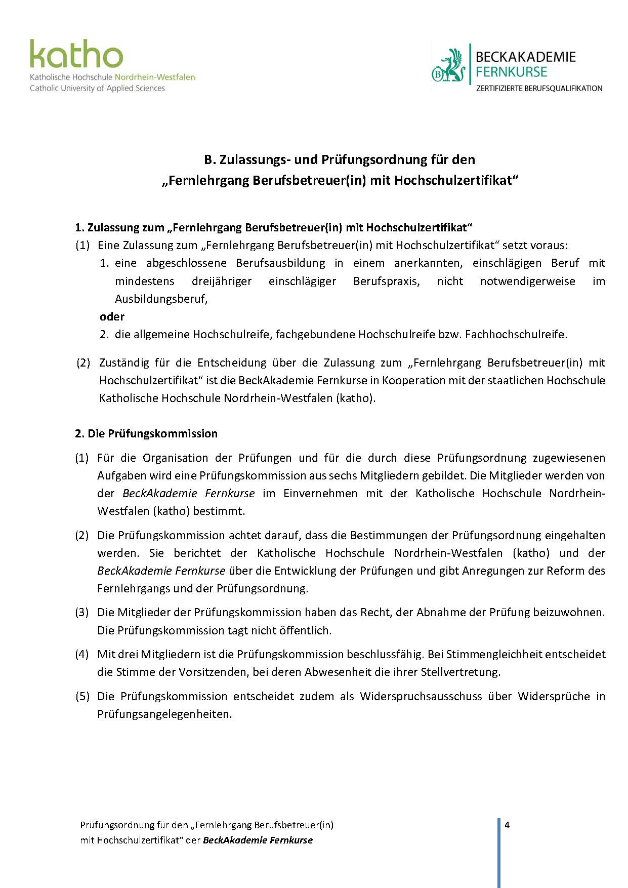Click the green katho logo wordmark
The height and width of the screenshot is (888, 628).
tap(76, 54)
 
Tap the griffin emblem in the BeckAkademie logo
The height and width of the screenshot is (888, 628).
tap(448, 66)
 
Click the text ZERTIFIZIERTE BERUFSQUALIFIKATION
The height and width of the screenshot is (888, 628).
tap(539, 88)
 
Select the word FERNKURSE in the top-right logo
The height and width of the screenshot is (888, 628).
tap(511, 72)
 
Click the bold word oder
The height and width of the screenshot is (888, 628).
tap(112, 316)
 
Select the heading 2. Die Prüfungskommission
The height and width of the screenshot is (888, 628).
tap(146, 433)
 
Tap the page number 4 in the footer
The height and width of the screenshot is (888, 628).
tap(507, 825)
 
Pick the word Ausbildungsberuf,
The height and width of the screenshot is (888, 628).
tap(161, 299)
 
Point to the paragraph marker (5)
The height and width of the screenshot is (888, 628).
tap(82, 696)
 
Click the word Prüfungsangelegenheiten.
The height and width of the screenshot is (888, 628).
tap(164, 714)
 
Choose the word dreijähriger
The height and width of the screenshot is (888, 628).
tap(222, 281)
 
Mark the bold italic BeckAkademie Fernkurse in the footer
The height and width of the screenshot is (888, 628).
tap(258, 840)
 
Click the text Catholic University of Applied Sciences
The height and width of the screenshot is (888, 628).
tap(97, 88)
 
